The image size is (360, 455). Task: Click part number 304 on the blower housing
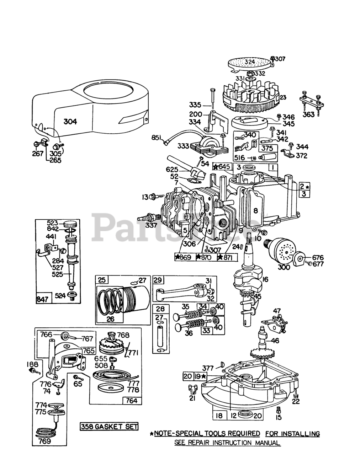pos(70,122)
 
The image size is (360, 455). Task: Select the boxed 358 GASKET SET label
pos(109,426)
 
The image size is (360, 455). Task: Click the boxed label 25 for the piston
pos(102,280)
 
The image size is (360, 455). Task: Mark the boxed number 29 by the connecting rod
pos(157,280)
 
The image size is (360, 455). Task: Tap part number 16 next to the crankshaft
pos(274,280)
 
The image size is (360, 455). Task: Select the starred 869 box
pos(185,257)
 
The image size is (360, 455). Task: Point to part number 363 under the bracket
pos(308,114)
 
